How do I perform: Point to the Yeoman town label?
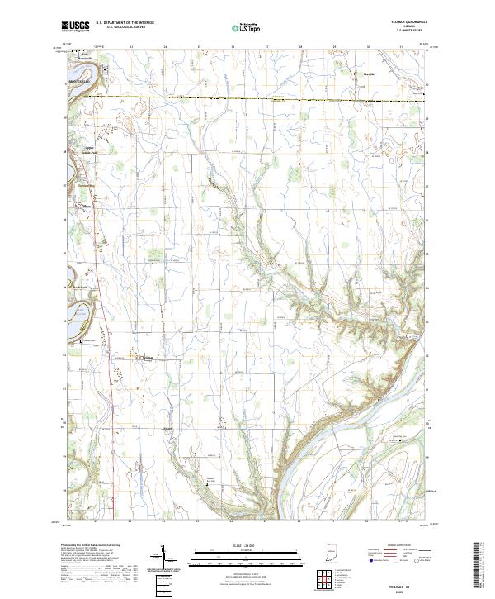[148, 358]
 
